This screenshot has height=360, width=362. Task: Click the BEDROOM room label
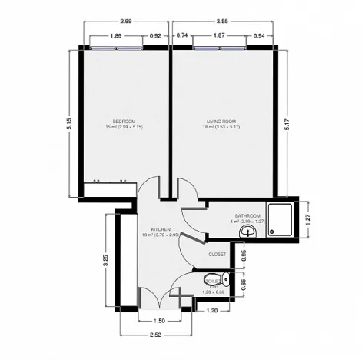125,121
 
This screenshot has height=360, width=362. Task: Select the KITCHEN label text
161,229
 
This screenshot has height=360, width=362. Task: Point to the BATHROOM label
247,216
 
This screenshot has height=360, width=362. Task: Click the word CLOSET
218,254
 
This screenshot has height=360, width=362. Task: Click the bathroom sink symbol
247,231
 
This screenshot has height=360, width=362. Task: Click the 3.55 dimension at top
223,24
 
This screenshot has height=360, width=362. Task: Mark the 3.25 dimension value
105,260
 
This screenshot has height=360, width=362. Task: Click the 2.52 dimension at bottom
156,335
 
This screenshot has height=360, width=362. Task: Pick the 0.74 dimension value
181,35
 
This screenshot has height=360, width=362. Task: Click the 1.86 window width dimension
115,35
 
